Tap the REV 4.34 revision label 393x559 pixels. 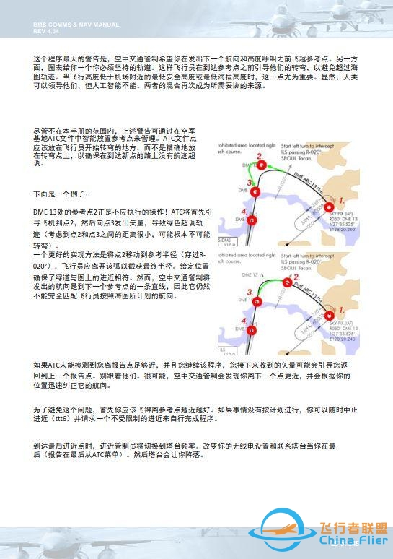coord(48,30)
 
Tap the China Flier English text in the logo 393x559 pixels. coord(351,539)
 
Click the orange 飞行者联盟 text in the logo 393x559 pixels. coord(351,526)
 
